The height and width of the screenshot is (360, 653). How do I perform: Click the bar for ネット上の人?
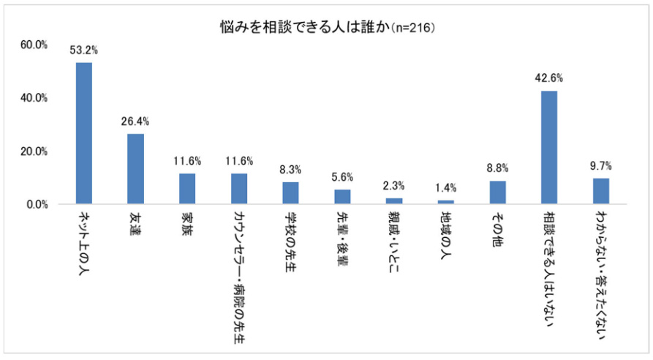(x=84, y=133)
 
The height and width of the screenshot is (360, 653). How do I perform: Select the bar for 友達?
(x=135, y=169)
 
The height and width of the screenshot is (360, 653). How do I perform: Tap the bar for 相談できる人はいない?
(x=549, y=147)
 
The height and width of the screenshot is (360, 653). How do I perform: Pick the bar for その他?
(x=498, y=192)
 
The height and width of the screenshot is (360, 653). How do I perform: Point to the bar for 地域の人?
(x=445, y=202)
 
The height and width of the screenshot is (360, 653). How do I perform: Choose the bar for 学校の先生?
(x=290, y=193)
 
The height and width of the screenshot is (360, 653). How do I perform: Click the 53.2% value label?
(x=84, y=50)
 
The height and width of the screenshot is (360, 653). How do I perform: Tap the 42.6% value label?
(x=549, y=78)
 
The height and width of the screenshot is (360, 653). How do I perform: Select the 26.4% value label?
(x=135, y=121)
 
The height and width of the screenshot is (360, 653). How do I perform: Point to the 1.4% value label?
(x=445, y=188)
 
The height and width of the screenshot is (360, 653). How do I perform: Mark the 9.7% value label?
(x=600, y=165)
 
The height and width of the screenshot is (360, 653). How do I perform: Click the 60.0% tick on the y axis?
(x=34, y=45)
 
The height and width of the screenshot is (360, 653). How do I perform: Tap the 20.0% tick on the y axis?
(x=34, y=151)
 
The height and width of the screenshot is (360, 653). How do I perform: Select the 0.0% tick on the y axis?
(x=36, y=205)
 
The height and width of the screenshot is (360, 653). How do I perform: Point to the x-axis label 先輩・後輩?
(x=342, y=242)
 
